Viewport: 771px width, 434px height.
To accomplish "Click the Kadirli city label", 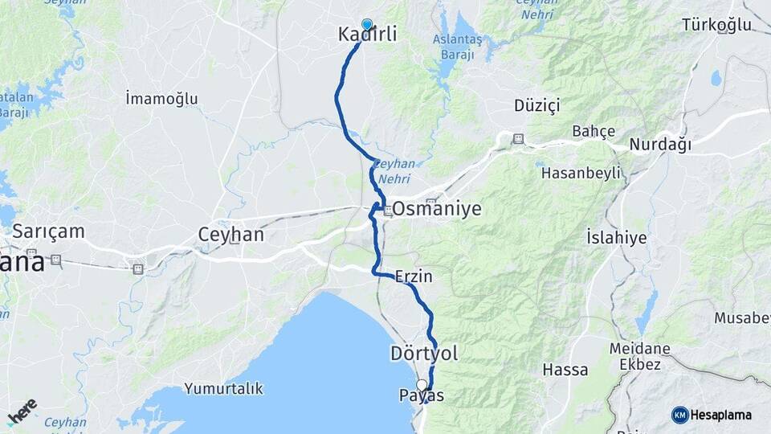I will click(x=368, y=35).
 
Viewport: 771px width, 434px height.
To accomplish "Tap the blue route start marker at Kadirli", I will click(x=367, y=25).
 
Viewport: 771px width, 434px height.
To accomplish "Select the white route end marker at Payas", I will click(x=422, y=385).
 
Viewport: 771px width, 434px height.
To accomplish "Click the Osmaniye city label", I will click(x=437, y=209).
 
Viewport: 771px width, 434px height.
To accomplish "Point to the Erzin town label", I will click(x=414, y=276).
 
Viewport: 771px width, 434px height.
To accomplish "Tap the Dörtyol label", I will click(x=423, y=353).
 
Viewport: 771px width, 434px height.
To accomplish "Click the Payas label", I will click(x=421, y=395).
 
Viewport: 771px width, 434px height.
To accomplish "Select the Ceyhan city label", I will click(x=230, y=235).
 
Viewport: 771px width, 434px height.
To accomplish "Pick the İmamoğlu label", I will click(x=161, y=99).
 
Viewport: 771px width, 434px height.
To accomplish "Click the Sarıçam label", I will click(x=47, y=231).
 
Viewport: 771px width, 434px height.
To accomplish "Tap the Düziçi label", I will click(x=536, y=105).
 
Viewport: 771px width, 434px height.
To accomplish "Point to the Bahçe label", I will click(x=594, y=131).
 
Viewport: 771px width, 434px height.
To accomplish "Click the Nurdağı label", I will click(x=660, y=145).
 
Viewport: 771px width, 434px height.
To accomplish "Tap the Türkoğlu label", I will click(x=716, y=25).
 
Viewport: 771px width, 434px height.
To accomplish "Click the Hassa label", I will click(x=565, y=371).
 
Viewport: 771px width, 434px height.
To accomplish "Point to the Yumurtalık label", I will click(x=223, y=389).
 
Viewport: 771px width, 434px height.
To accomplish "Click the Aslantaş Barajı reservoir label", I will click(x=456, y=47).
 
